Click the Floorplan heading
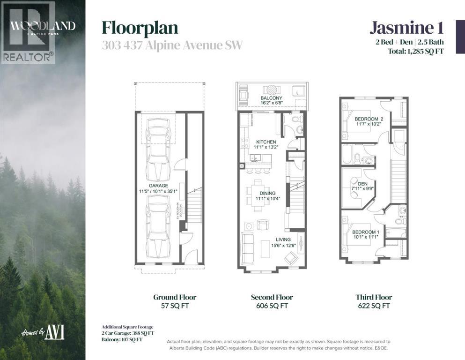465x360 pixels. click(x=140, y=28)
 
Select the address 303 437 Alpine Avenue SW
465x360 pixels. click(x=172, y=45)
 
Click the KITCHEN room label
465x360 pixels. click(x=266, y=142)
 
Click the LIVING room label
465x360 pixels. click(x=283, y=240)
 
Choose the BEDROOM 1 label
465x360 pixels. click(x=365, y=232)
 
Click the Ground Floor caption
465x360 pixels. click(x=175, y=297)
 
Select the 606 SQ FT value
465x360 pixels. click(x=272, y=306)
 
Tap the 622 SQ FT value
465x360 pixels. click(x=373, y=306)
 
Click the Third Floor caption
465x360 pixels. click(x=373, y=297)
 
